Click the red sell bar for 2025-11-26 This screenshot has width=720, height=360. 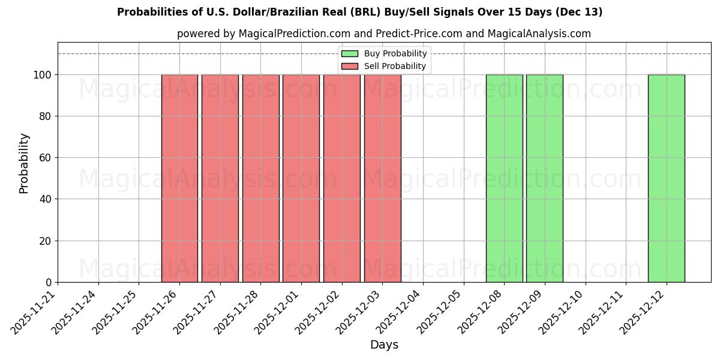coord(179,178)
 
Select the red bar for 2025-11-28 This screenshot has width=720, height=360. coord(260,178)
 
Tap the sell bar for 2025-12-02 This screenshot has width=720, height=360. coord(341,178)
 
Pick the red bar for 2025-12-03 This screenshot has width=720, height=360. coord(382,178)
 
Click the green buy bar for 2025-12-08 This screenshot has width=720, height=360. coord(504,178)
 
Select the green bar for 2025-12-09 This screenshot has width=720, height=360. coord(544,178)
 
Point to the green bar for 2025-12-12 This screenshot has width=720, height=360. coord(666,178)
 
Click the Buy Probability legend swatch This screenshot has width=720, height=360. coord(350,54)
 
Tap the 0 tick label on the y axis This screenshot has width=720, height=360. coord(49,283)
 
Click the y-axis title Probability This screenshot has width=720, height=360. coord(24,163)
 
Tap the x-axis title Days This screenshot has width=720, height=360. coord(384,345)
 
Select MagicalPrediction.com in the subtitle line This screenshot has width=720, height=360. coord(290,34)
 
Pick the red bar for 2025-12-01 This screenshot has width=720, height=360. coord(301,178)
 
